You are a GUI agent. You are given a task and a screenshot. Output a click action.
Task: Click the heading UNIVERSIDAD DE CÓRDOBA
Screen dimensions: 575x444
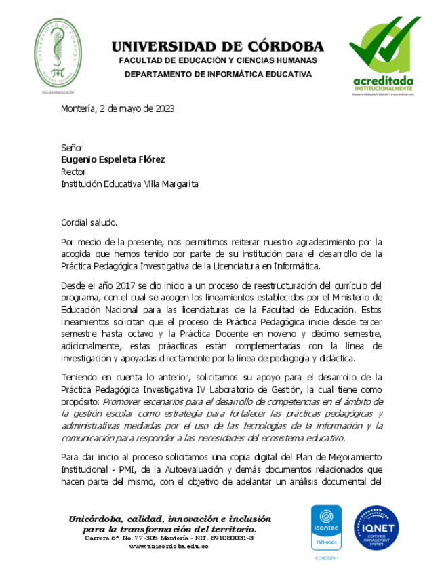pos(218,47)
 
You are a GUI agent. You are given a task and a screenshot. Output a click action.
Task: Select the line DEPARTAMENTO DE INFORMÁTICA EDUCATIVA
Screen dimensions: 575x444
pos(218,74)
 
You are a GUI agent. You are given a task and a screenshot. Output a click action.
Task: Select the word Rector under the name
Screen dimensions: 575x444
pos(73,172)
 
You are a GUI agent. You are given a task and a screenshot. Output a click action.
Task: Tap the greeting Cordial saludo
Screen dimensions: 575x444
pos(89,222)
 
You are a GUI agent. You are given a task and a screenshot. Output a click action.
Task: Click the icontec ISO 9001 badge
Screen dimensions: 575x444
pos(326,527)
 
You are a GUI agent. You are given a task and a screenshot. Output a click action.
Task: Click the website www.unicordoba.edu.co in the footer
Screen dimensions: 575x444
pos(168,547)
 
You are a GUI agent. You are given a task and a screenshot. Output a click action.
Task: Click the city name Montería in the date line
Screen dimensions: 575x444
pos(78,108)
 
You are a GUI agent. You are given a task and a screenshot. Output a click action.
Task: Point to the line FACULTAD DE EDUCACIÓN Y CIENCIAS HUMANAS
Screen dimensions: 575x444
pos(218,61)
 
